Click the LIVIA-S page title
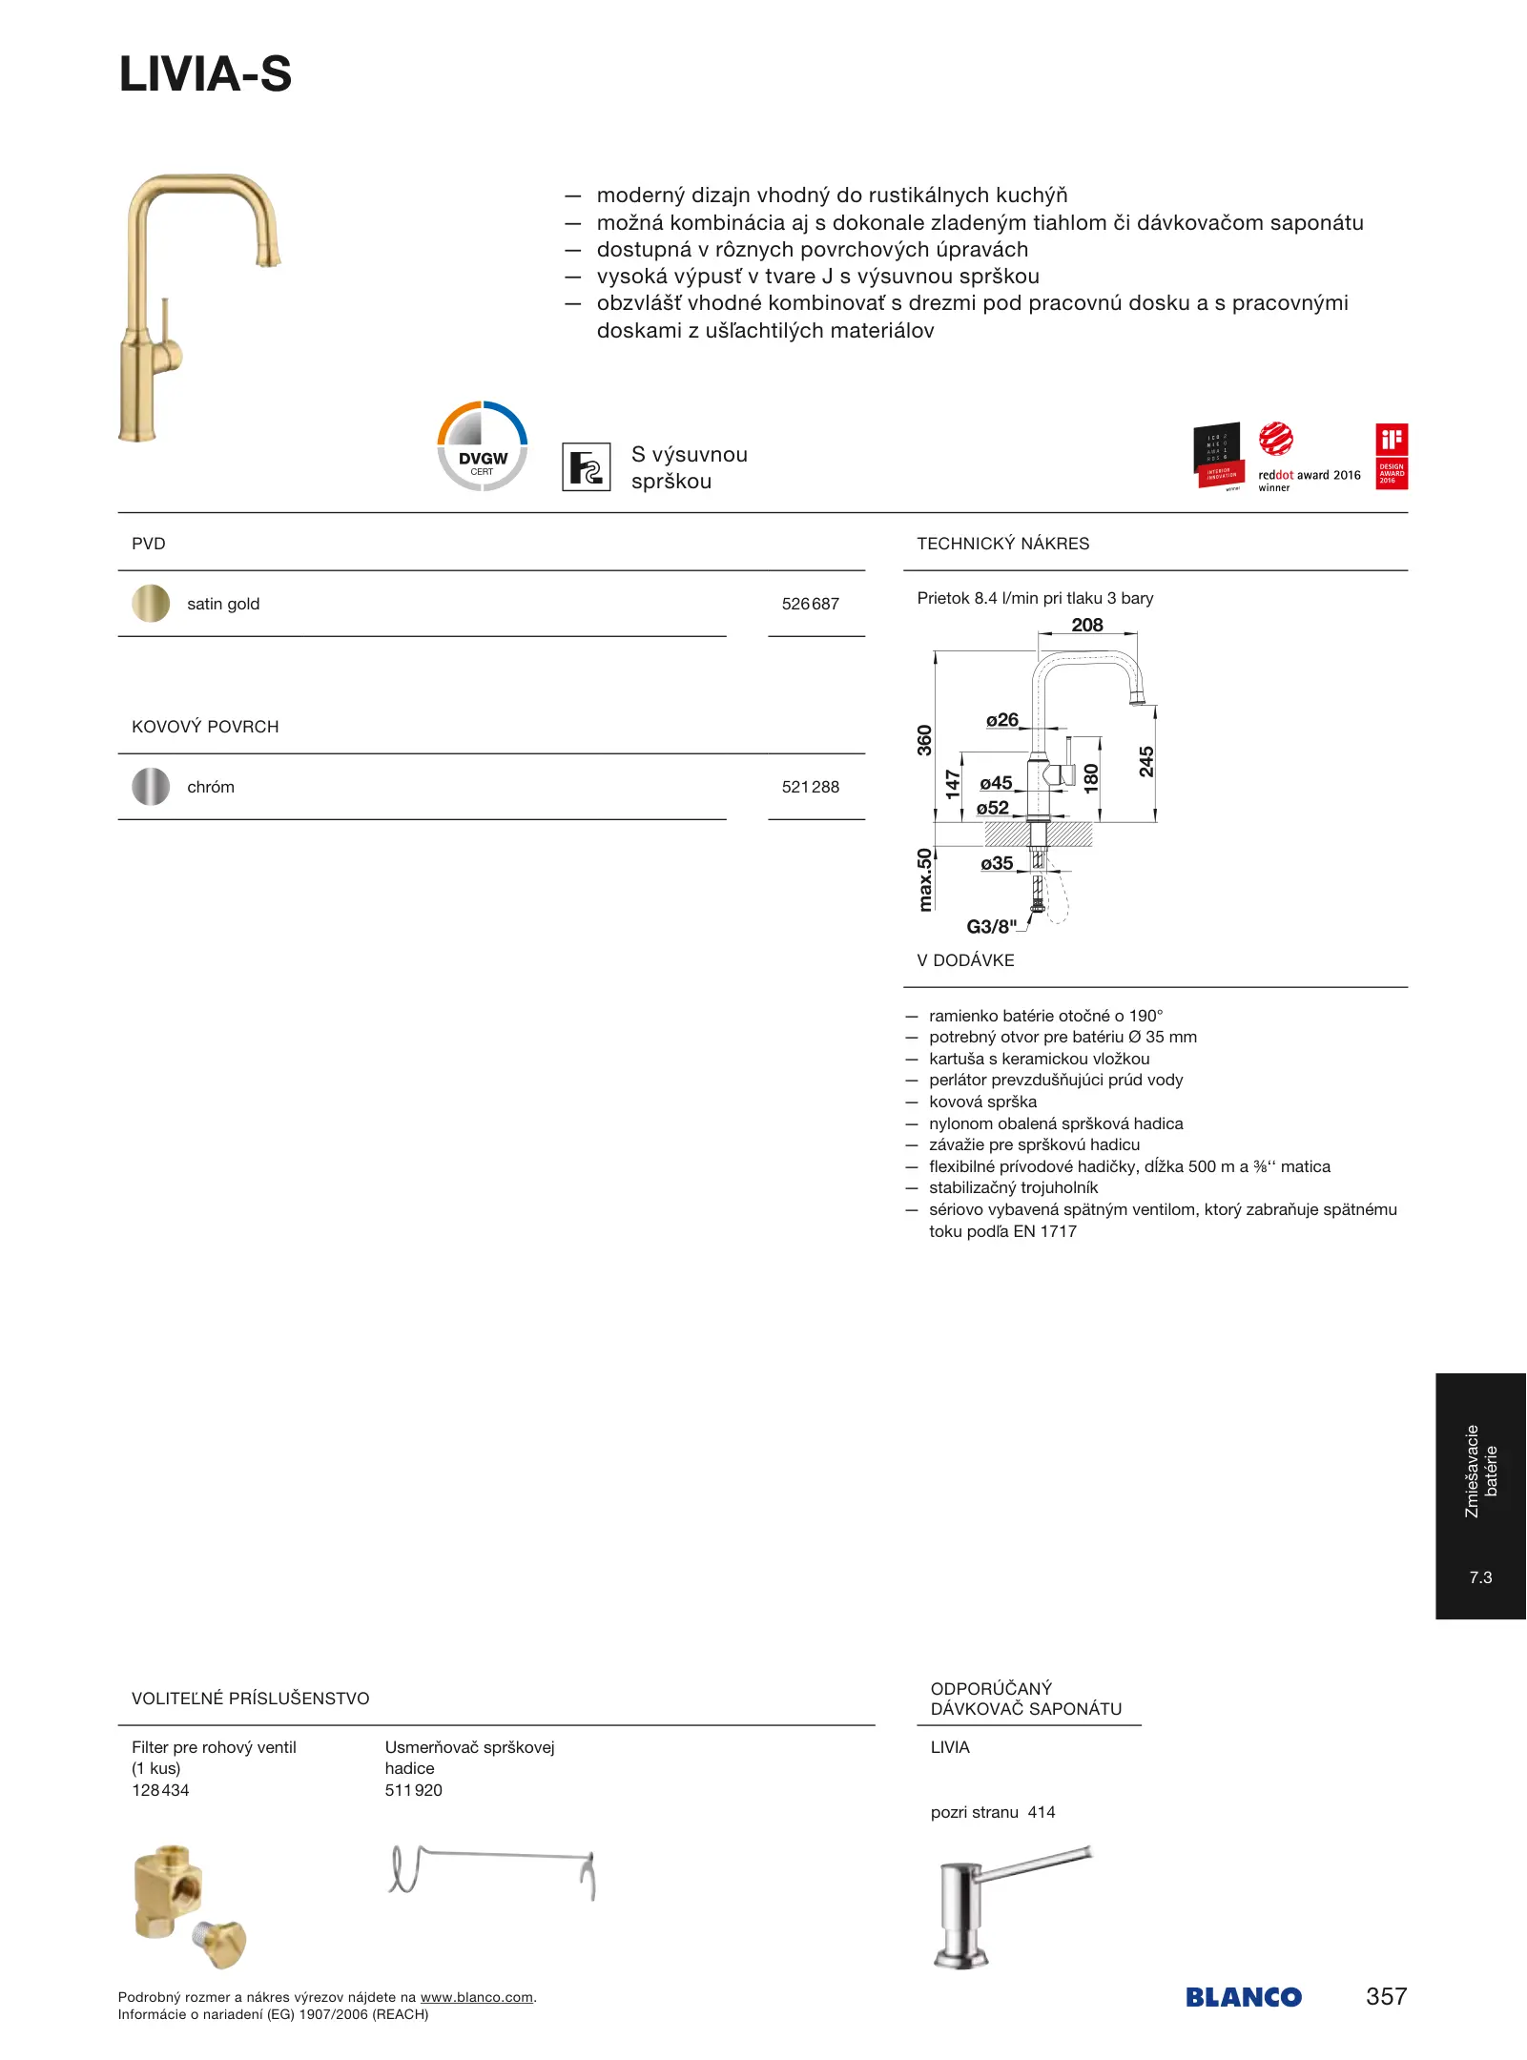coord(205,74)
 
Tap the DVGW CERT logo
coord(483,446)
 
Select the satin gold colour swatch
coord(151,604)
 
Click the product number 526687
coord(810,604)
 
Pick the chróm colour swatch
coord(151,787)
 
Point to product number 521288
coord(810,787)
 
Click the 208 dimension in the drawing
coord(1086,625)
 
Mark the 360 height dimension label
coord(924,740)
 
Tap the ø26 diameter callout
coord(1001,720)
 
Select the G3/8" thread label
coord(991,926)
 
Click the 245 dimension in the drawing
coord(1146,761)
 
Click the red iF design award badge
coord(1392,456)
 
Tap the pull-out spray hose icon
coord(586,467)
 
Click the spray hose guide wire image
coord(492,1871)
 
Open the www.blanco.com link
coord(476,1997)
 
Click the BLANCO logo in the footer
coord(1243,1997)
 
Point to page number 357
coord(1386,1996)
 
